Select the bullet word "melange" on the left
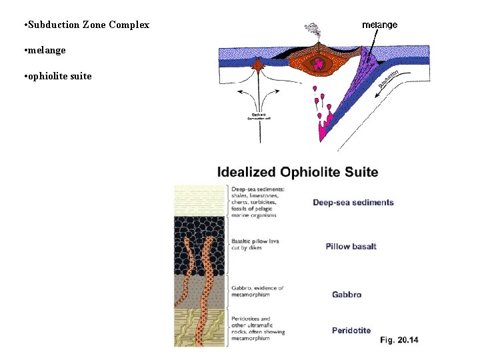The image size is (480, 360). point(47,50)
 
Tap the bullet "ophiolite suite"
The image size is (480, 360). point(60,76)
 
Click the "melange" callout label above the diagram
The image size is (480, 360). point(379,25)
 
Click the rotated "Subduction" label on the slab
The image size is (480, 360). point(388,79)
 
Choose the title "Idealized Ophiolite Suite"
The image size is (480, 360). point(297,172)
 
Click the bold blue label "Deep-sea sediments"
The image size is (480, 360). point(353,203)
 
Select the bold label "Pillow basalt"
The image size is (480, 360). point(351,247)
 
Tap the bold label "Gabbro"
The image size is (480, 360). point(347,294)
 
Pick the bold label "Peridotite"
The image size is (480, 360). point(351,330)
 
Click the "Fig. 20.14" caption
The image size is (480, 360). point(399,341)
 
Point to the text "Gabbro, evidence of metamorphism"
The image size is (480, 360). point(257,292)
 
